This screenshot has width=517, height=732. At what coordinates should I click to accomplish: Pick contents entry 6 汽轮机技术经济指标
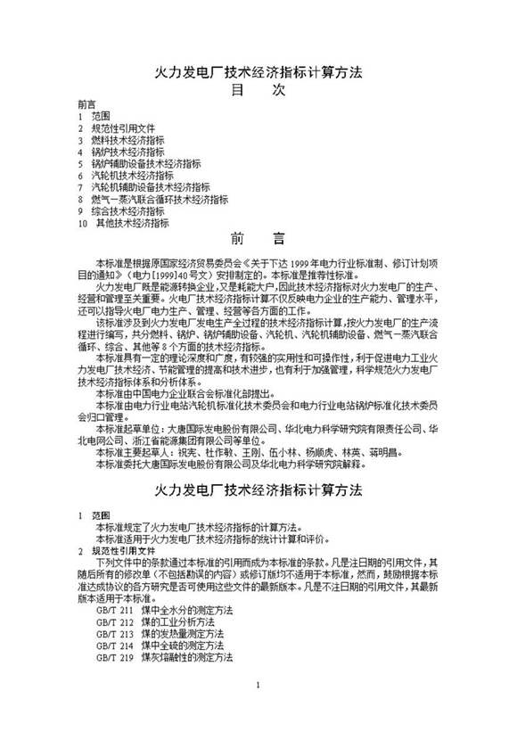click(125, 177)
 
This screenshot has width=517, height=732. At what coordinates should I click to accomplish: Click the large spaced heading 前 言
click(258, 239)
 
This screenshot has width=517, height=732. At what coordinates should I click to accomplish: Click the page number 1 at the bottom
click(258, 711)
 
